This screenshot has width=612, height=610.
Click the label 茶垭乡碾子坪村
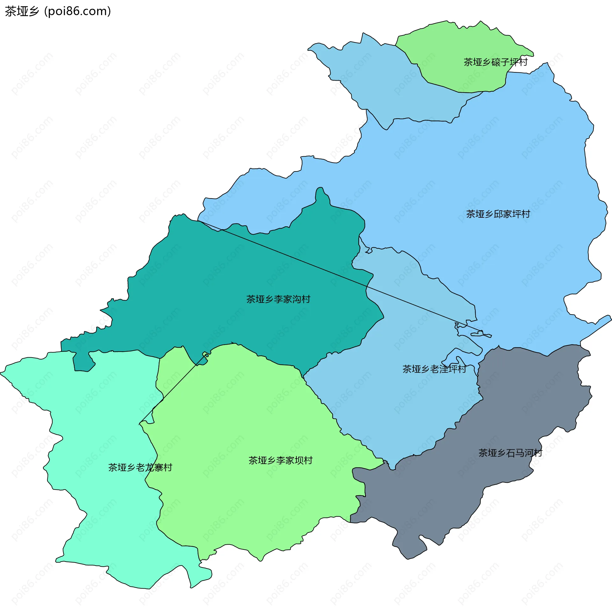[x=495, y=62]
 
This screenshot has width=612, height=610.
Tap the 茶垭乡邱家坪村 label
[x=498, y=214]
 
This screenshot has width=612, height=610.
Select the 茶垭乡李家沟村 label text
[x=278, y=299]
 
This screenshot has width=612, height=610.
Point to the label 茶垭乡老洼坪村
[x=434, y=369]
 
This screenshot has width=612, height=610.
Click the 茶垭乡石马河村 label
[x=510, y=453]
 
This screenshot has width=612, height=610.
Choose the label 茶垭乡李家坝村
[x=280, y=461]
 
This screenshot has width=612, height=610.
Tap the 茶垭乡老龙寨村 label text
[x=140, y=468]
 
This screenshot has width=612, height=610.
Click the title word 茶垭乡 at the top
[x=22, y=11]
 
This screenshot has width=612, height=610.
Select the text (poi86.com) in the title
[x=78, y=11]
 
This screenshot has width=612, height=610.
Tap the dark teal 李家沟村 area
[x=223, y=319]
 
